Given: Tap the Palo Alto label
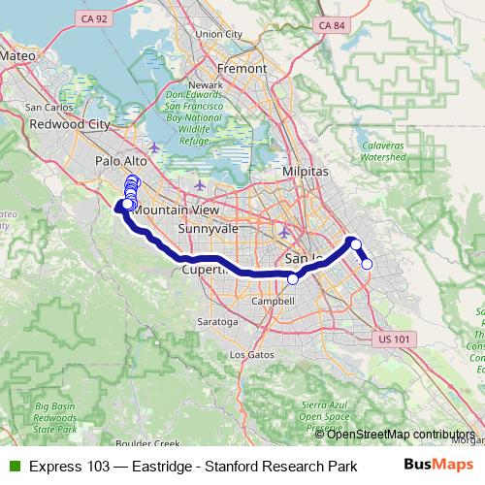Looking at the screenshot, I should point(120,161).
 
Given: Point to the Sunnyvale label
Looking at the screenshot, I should point(202,229).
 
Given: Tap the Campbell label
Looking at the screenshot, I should point(273,302).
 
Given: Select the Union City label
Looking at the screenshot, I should point(218,34).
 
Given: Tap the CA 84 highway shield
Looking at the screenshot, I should point(332,23).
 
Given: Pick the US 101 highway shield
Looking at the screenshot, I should point(393,338).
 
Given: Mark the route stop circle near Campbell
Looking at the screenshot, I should point(293,278).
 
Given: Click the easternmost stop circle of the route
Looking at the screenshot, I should point(367,264).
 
